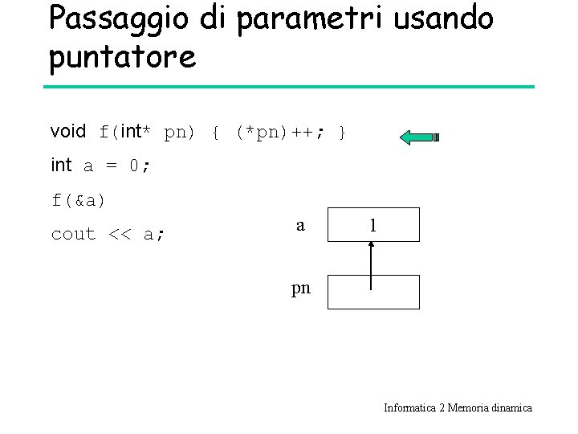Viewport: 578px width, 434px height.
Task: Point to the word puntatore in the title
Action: coord(122,57)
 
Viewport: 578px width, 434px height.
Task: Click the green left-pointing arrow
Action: coord(418,137)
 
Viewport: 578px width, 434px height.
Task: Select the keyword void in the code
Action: coord(67,131)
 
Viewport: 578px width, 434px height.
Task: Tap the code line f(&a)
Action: coord(79,200)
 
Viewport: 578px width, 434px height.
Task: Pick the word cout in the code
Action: coord(73,235)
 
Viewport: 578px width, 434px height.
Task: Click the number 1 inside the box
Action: coord(372,226)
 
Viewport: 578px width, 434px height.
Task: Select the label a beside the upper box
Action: coord(300,226)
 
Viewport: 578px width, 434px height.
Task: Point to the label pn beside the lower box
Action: coord(300,287)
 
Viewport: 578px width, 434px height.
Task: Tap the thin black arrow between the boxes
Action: coord(371,265)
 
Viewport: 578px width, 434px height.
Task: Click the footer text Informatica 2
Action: coord(409,407)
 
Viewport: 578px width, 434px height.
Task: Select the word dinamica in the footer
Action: coord(511,407)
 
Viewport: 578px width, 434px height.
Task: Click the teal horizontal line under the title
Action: coord(289,87)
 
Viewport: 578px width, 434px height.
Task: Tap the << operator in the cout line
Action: coord(119,235)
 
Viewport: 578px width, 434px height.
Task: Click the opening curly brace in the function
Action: coord(215,132)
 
